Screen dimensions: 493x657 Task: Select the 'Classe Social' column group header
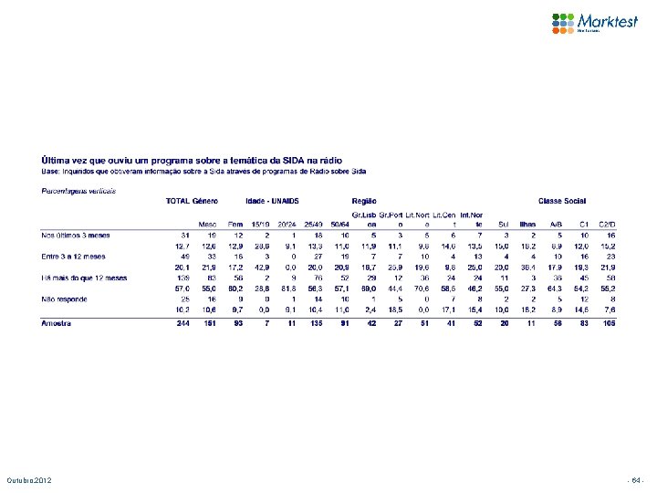pos(563,200)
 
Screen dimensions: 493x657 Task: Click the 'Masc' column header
pos(208,223)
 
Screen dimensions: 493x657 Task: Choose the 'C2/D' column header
pos(608,223)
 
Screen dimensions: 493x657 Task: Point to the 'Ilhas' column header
pos(527,223)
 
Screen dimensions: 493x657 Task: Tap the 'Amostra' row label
pos(57,322)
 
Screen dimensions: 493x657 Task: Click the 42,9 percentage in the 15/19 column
pos(260,267)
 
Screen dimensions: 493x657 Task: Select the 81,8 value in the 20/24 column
pos(288,288)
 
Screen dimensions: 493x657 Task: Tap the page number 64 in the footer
pos(636,479)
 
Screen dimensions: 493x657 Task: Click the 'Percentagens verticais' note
pos(79,190)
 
